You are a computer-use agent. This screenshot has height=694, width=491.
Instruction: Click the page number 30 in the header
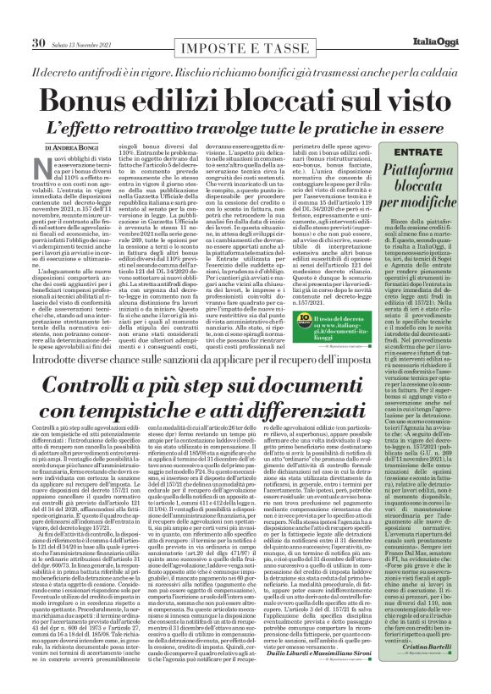[40, 18]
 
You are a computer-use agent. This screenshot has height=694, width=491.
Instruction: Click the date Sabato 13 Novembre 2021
[88, 19]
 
